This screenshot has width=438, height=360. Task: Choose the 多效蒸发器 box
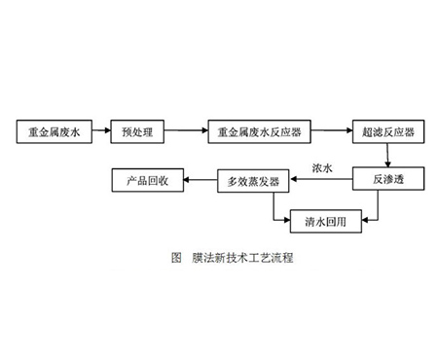point(253,180)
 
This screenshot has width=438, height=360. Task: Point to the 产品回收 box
point(146,180)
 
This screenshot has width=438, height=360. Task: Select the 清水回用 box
point(326,220)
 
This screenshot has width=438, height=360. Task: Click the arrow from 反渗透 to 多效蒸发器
point(320,180)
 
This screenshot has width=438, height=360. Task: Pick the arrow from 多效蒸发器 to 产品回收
point(200,180)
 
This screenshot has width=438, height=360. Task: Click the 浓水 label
point(322,167)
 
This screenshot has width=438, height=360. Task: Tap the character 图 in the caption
point(176,260)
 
